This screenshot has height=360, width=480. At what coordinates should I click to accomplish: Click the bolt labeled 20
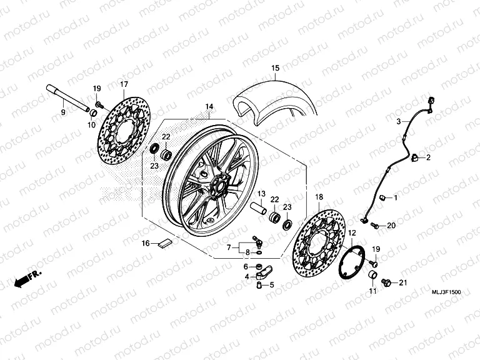(x=375, y=225)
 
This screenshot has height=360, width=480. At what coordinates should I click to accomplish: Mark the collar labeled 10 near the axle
(x=92, y=113)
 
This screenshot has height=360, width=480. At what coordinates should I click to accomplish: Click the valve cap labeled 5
(x=256, y=286)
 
